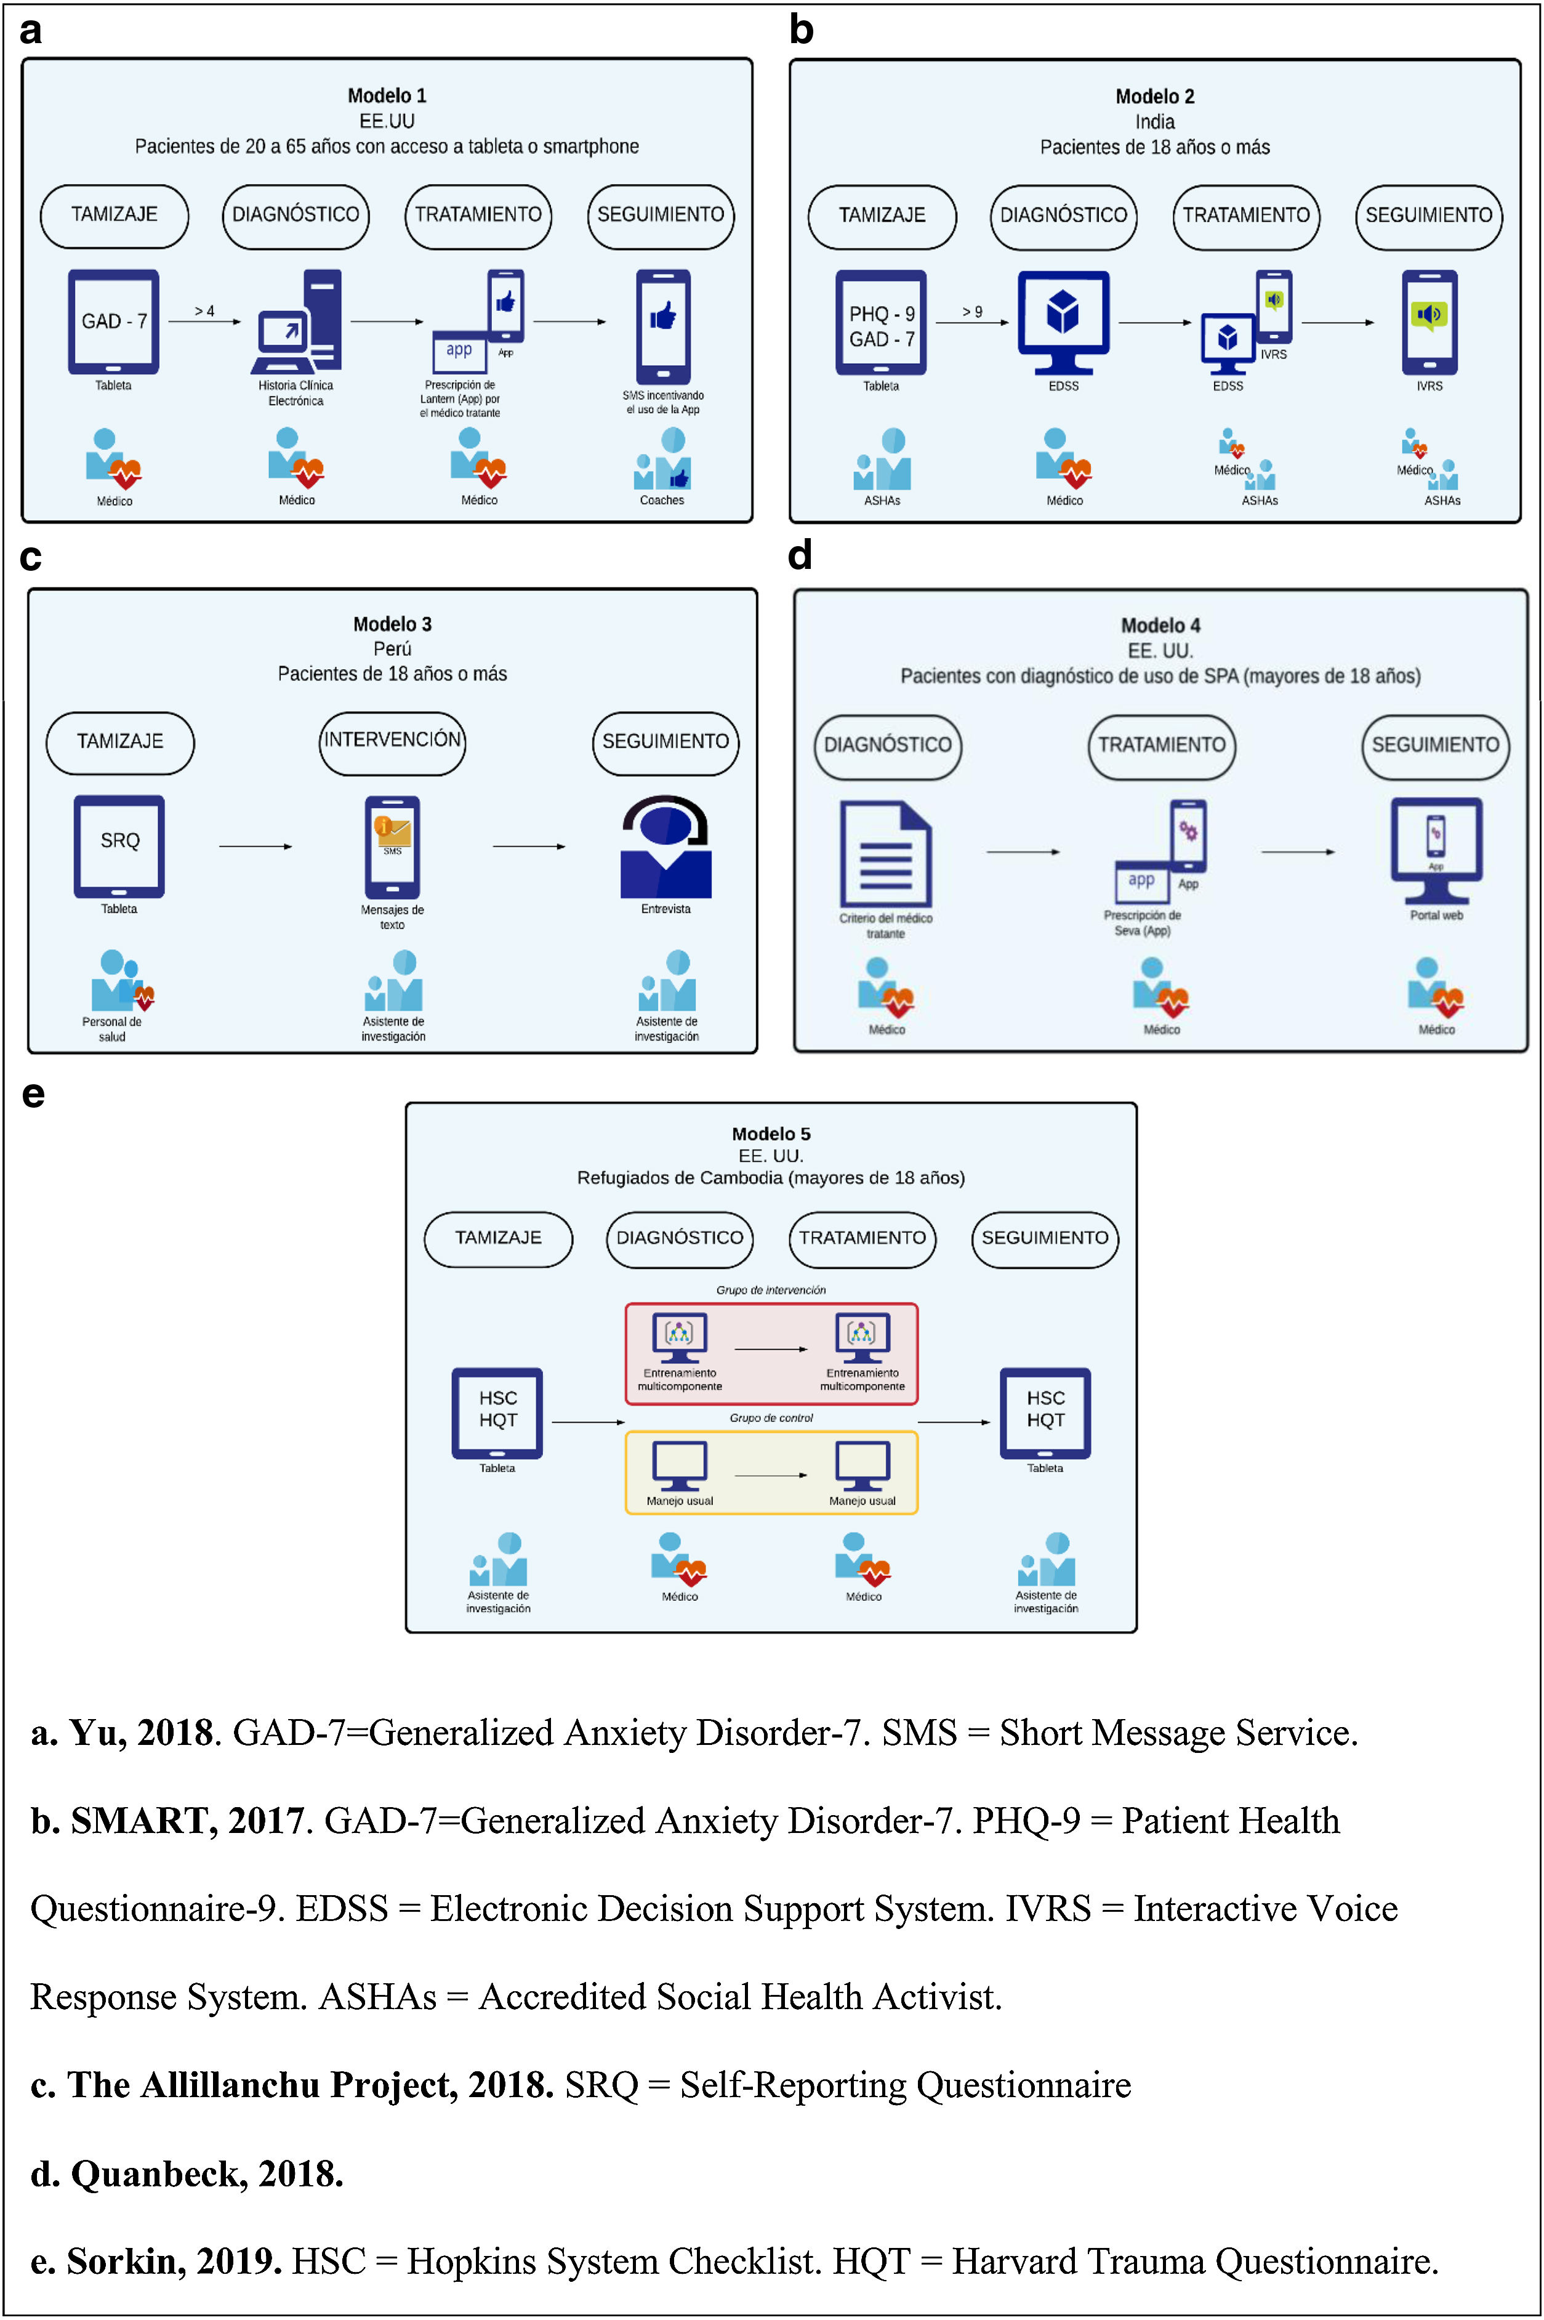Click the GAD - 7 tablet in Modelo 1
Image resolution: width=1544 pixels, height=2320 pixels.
click(x=113, y=322)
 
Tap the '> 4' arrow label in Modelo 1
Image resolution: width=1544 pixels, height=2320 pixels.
click(x=204, y=311)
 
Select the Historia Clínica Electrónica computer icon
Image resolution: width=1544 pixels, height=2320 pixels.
click(x=296, y=322)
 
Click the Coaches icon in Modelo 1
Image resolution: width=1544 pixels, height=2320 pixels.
click(x=662, y=460)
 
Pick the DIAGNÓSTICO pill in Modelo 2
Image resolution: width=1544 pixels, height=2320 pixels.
click(x=1063, y=215)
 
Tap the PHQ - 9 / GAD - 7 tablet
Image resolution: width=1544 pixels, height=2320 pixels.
click(x=882, y=323)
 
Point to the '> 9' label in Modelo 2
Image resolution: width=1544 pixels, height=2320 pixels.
click(x=972, y=312)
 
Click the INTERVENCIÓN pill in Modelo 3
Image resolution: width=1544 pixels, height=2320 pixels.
click(x=392, y=741)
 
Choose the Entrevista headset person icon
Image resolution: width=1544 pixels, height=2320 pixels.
click(x=665, y=847)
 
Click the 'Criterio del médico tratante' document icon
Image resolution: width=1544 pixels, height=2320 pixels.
click(x=885, y=853)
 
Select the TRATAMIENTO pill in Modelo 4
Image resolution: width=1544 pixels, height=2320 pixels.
click(x=1162, y=746)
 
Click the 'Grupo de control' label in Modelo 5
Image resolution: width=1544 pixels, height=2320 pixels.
click(x=771, y=1418)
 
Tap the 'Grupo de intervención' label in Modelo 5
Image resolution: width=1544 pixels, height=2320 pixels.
click(x=771, y=1290)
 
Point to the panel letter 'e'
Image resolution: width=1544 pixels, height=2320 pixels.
click(x=33, y=1094)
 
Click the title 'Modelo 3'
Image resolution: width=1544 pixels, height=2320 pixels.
click(x=392, y=624)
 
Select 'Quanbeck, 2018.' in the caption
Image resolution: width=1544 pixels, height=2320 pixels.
click(x=187, y=2173)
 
